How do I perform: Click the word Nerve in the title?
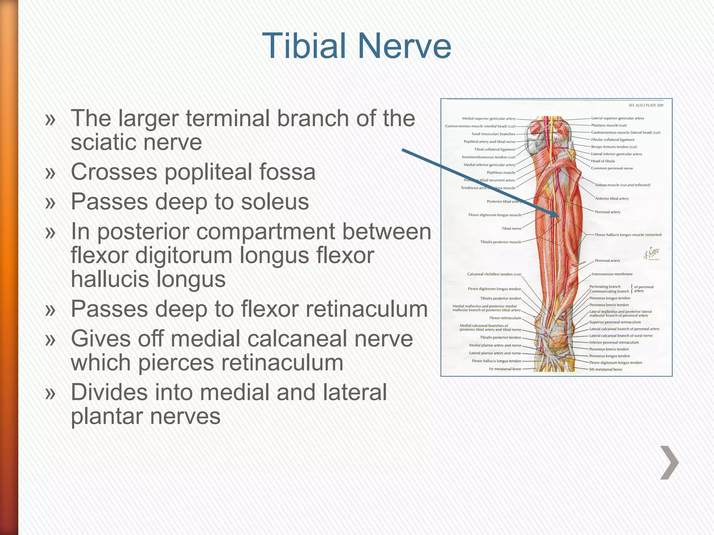[x=404, y=46]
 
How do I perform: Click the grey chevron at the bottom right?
[x=669, y=463]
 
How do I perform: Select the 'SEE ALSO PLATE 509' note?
[x=646, y=105]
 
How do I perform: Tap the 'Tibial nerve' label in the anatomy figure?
[x=511, y=228]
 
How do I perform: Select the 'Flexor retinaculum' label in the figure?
[x=505, y=318]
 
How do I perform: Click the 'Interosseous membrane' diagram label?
[x=612, y=274]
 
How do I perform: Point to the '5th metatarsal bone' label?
[x=605, y=369]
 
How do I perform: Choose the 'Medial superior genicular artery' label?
[x=488, y=118]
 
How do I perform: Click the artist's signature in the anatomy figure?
[x=651, y=254]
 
